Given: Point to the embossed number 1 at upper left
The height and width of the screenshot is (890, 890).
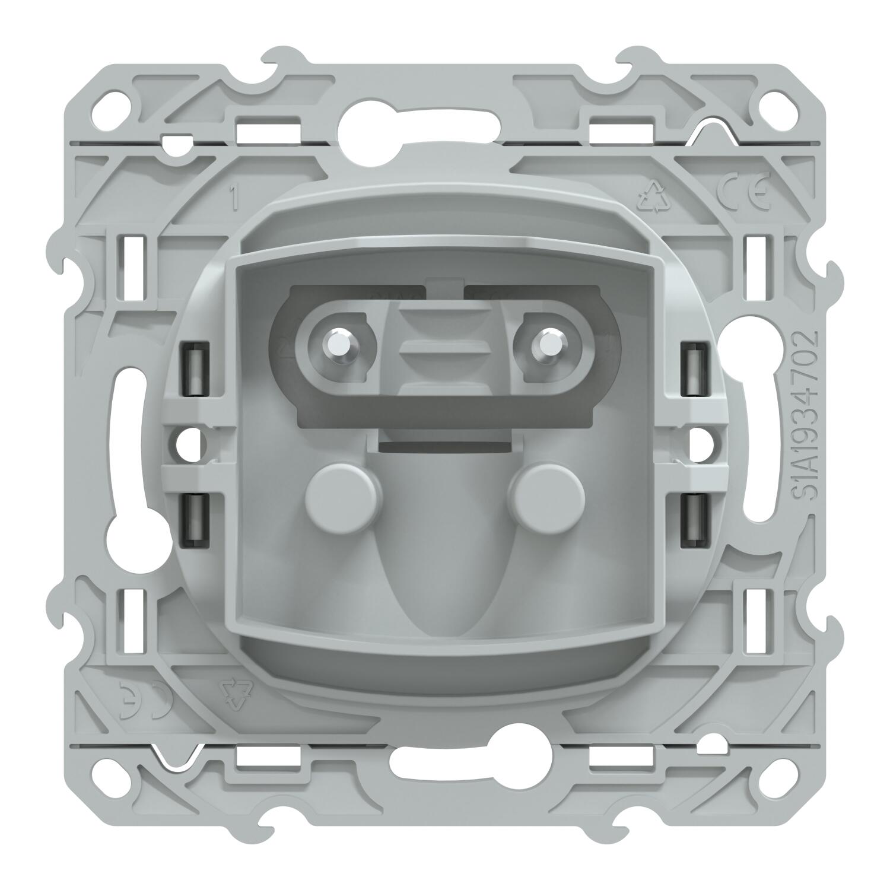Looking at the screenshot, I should (235, 199).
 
